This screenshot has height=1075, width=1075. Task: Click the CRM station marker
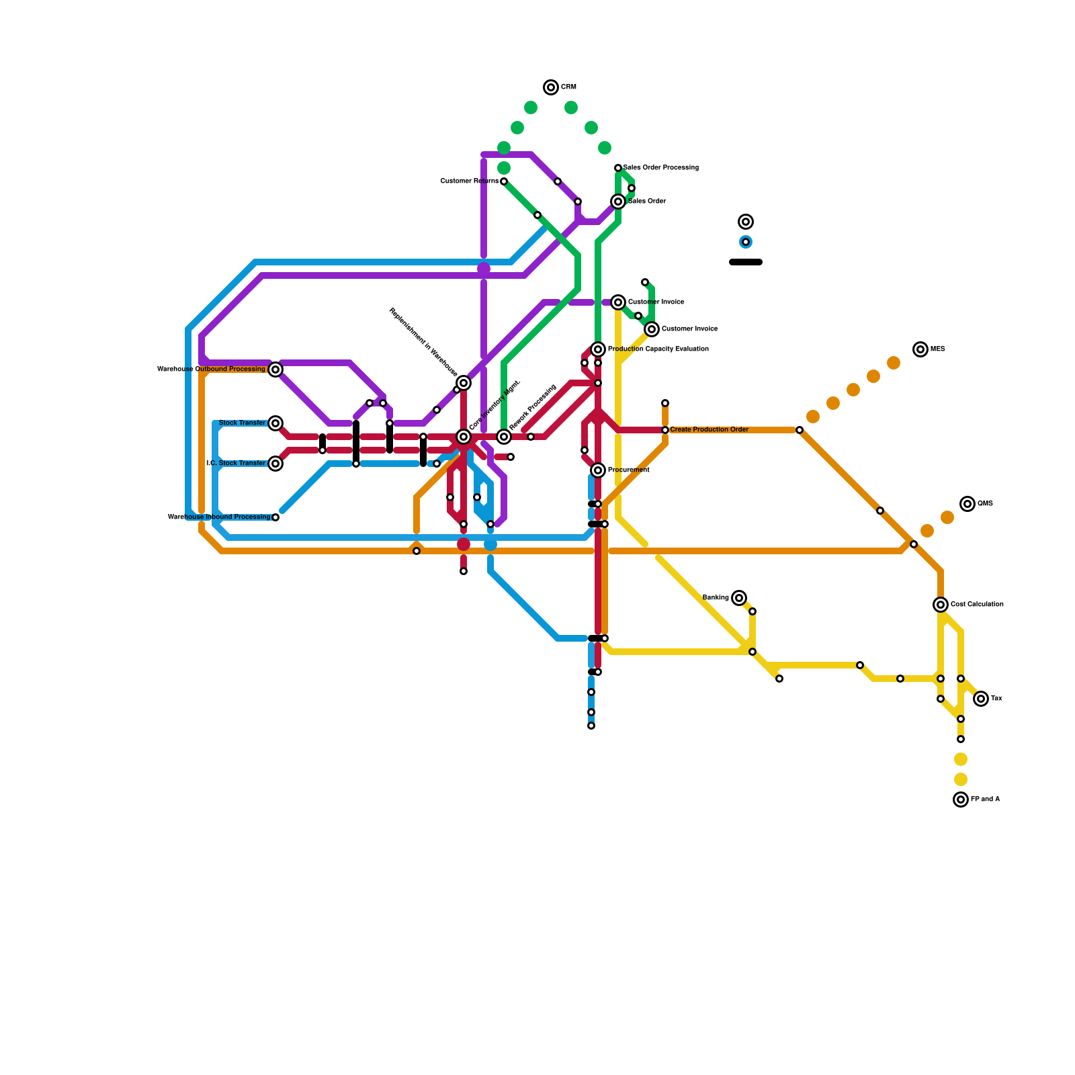pyautogui.click(x=551, y=87)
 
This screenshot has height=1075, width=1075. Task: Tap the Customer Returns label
pyautogui.click(x=469, y=181)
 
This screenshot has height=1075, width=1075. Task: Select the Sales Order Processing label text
pyautogui.click(x=660, y=168)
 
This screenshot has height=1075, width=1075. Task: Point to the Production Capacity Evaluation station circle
pyautogui.click(x=598, y=349)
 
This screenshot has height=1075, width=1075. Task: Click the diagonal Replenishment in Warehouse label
pyautogui.click(x=423, y=343)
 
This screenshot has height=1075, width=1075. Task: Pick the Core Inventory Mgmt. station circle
pyautogui.click(x=464, y=437)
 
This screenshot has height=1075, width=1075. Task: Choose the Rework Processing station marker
pyautogui.click(x=504, y=437)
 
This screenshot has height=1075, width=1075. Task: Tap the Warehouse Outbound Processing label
pyautogui.click(x=211, y=370)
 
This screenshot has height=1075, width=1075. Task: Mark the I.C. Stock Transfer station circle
pyautogui.click(x=275, y=464)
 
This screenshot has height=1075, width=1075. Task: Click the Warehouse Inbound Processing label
pyautogui.click(x=218, y=517)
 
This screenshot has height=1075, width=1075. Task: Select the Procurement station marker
pyautogui.click(x=598, y=470)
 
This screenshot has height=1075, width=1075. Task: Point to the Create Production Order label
pyautogui.click(x=709, y=430)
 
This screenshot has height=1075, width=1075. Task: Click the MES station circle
pyautogui.click(x=920, y=349)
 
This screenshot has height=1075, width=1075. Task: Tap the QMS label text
pyautogui.click(x=985, y=504)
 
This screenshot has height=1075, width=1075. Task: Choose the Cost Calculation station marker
pyautogui.click(x=941, y=605)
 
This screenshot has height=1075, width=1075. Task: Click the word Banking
pyautogui.click(x=716, y=598)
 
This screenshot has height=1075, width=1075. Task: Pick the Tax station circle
pyautogui.click(x=981, y=699)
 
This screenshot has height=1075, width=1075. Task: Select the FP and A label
pyautogui.click(x=985, y=800)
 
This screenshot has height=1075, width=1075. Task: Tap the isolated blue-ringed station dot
pyautogui.click(x=746, y=242)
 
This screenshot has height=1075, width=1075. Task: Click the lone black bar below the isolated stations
pyautogui.click(x=746, y=262)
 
